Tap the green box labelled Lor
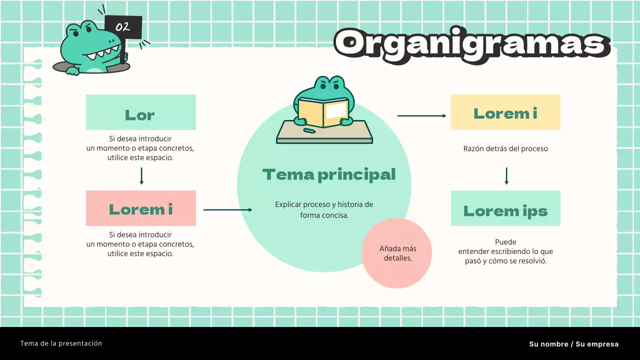(x=140, y=112)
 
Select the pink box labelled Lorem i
(x=140, y=208)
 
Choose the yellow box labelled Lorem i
(x=505, y=112)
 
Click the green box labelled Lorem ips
(x=505, y=208)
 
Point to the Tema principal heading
(x=329, y=174)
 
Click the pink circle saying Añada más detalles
(x=397, y=253)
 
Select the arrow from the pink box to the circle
(x=227, y=210)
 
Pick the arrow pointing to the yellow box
(x=421, y=116)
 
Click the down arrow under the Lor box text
(x=141, y=176)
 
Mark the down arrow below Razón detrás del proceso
(x=506, y=176)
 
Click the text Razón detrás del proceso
(x=505, y=148)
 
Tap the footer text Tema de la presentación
(x=61, y=343)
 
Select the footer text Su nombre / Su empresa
(x=573, y=344)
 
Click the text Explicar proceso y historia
(x=324, y=204)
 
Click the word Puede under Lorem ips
(x=505, y=242)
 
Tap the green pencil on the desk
(x=309, y=131)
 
